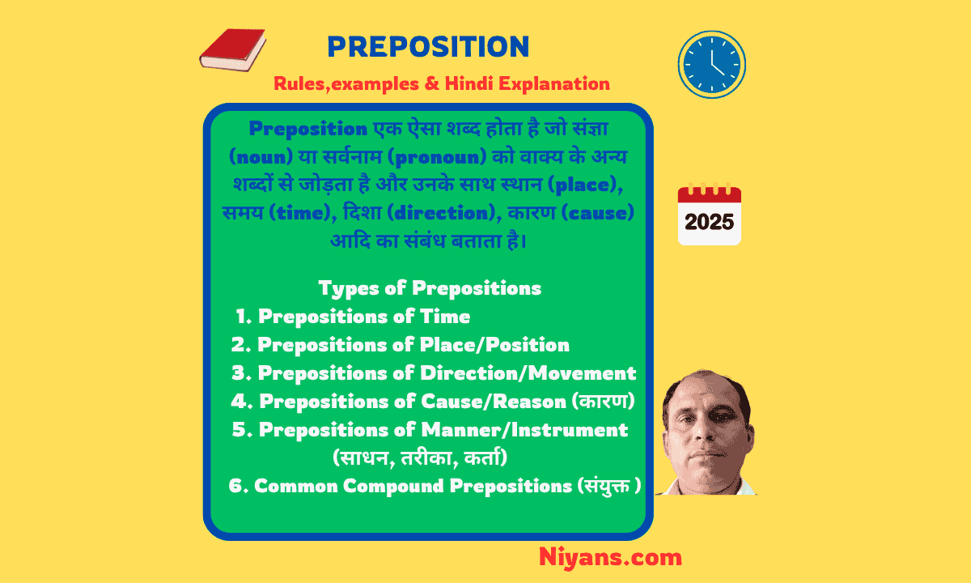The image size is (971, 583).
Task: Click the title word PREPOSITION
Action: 428,47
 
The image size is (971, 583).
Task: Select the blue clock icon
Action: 711,65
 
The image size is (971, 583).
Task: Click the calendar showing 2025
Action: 709,215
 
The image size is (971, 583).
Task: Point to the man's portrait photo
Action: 706,433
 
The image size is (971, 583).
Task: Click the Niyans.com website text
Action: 610,557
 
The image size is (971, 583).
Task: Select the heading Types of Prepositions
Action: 429,288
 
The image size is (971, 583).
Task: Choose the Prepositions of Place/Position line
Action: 401,345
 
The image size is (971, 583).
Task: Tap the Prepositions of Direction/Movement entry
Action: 434,373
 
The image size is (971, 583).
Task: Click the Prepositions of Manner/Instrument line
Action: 430,430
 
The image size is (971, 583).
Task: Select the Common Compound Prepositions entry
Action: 435,486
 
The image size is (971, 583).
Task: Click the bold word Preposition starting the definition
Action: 308,129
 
